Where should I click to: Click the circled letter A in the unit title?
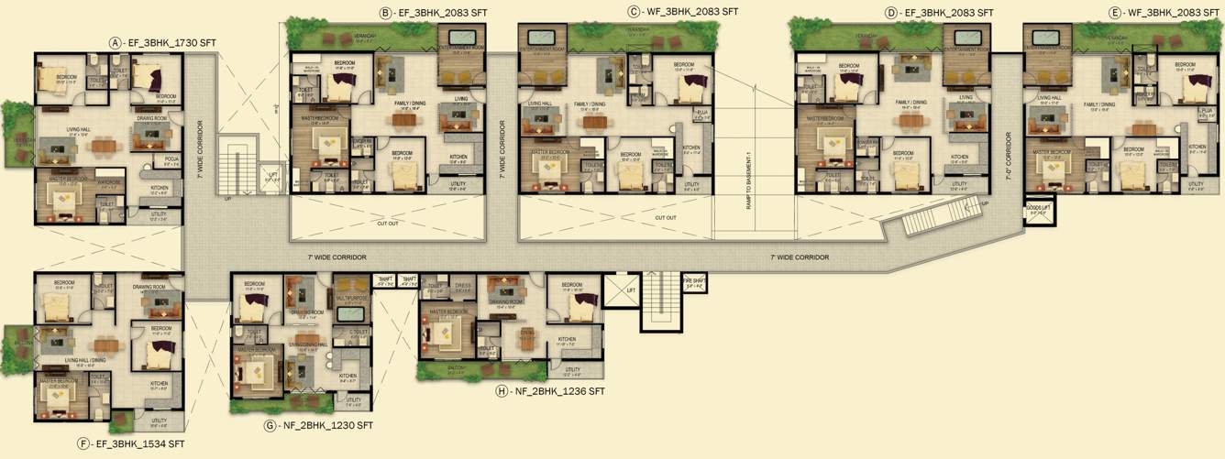pos(115,42)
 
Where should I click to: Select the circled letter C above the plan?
pos(634,12)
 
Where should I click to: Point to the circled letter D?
pos(891,13)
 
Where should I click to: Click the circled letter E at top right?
pos(1114,13)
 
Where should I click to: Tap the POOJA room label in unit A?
pos(171,158)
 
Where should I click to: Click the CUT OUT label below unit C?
pos(666,217)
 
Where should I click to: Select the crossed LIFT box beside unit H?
pos(618,290)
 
